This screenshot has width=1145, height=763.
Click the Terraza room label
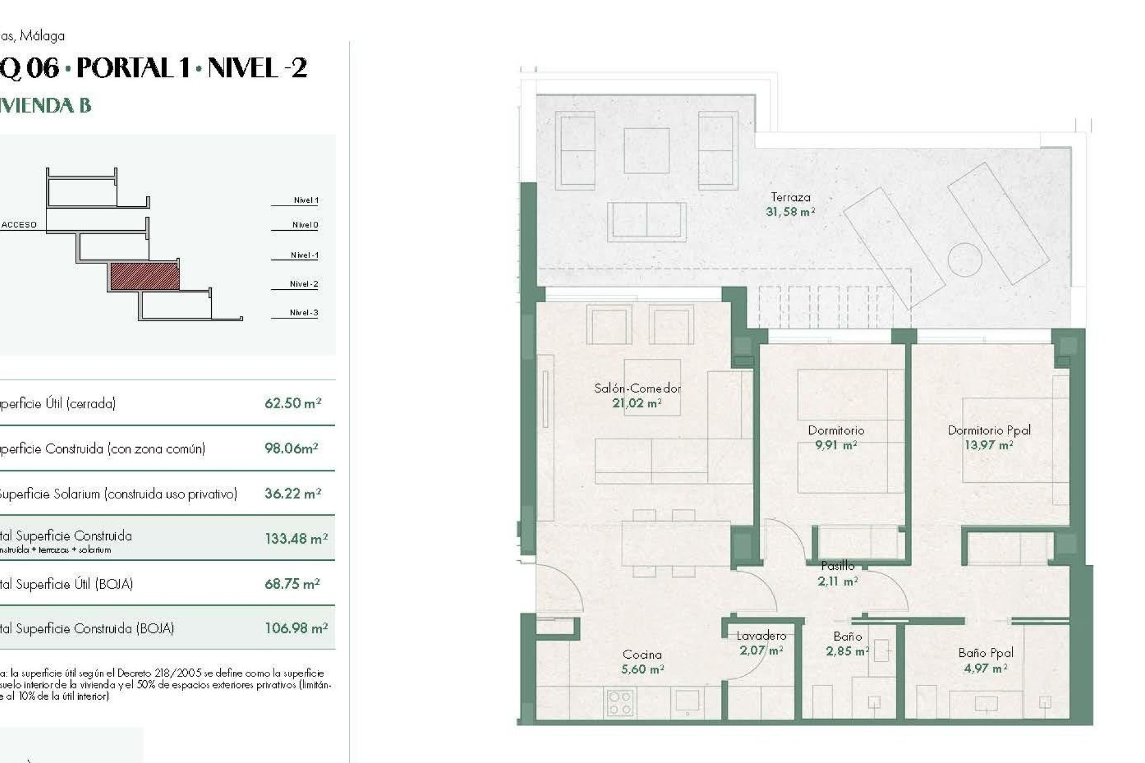(790, 197)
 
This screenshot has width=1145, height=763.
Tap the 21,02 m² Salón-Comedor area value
(636, 404)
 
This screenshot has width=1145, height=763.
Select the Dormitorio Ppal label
(989, 430)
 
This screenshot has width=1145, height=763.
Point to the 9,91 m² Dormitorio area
(835, 445)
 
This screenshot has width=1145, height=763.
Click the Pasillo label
(837, 566)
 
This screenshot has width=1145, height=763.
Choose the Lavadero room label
(761, 636)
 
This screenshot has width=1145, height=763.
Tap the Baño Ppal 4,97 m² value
(985, 669)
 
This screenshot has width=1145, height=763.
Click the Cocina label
(642, 655)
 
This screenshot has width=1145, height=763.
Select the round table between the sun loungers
(964, 259)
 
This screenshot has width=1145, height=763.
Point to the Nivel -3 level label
(304, 312)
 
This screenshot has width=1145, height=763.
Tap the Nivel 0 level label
(305, 225)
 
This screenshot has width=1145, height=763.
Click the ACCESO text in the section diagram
(19, 225)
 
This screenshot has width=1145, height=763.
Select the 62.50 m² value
(292, 404)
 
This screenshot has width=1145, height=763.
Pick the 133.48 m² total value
(296, 539)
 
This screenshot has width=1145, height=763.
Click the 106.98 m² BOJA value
(296, 628)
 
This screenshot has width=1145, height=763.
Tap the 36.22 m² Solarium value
(292, 494)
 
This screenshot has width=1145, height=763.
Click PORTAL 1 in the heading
(133, 68)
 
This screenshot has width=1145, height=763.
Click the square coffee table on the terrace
(646, 150)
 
